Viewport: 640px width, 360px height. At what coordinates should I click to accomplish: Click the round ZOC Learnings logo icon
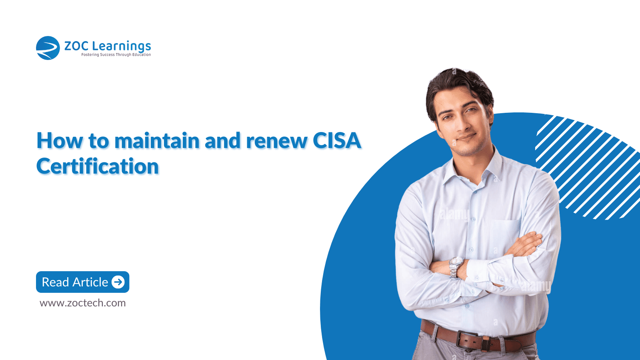(x=48, y=48)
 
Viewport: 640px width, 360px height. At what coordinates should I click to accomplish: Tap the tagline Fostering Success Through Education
(x=116, y=54)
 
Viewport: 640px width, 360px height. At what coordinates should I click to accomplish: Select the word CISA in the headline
(x=337, y=140)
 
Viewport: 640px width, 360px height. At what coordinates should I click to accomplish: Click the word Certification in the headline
(x=98, y=166)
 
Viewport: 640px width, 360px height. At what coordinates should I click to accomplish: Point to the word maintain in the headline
(x=157, y=140)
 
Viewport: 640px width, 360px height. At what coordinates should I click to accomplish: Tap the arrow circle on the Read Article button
(x=118, y=282)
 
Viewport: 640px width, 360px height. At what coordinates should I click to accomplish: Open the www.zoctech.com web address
(x=82, y=303)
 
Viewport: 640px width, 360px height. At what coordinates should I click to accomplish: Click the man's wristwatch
(x=455, y=267)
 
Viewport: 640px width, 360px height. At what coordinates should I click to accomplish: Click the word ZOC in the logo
(x=76, y=46)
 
